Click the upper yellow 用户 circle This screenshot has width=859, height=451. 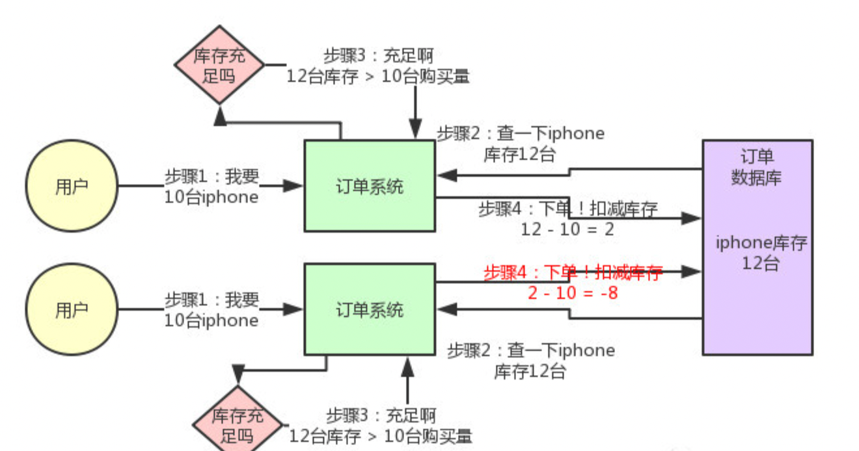point(72,186)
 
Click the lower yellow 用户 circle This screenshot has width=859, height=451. point(72,309)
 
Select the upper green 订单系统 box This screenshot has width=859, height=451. point(369,186)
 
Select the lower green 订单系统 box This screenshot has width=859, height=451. point(369,309)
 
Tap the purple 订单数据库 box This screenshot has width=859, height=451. point(757,247)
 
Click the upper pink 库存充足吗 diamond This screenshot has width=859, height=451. point(220,64)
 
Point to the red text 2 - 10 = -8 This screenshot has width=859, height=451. point(573,292)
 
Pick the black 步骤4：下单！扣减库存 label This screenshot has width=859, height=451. point(567,209)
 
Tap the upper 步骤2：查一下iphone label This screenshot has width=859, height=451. point(521,134)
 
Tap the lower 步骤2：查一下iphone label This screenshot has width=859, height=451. point(531,351)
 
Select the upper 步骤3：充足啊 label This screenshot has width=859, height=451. point(379,56)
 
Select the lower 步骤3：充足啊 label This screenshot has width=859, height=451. point(381,415)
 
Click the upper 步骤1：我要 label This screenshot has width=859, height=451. point(211,176)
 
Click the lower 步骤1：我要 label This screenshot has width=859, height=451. point(211,300)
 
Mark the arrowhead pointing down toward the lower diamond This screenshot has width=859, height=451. point(238,375)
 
